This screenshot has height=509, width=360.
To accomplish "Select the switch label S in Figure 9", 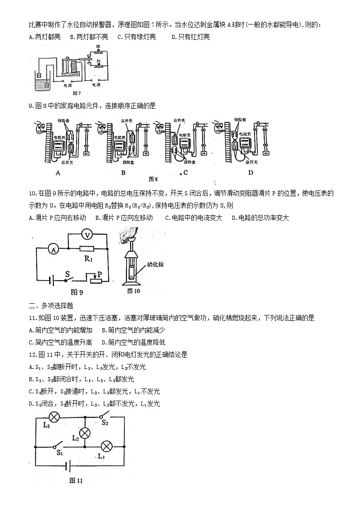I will (68, 274).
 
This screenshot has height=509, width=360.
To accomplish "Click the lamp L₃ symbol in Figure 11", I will (54, 417).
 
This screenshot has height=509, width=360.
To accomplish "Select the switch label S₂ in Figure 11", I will (105, 423).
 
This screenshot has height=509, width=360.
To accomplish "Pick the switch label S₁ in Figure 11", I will (59, 452).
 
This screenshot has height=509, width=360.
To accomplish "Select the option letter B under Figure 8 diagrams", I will (123, 172).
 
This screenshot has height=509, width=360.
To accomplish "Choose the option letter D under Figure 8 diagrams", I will (250, 172).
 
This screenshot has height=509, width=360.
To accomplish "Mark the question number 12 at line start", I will (32, 354).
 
